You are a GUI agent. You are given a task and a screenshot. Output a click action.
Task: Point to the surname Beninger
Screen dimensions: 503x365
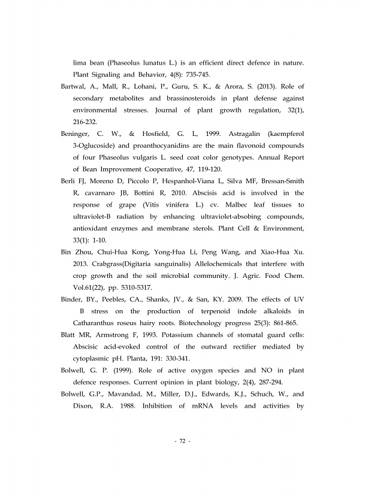click(x=78, y=134)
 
